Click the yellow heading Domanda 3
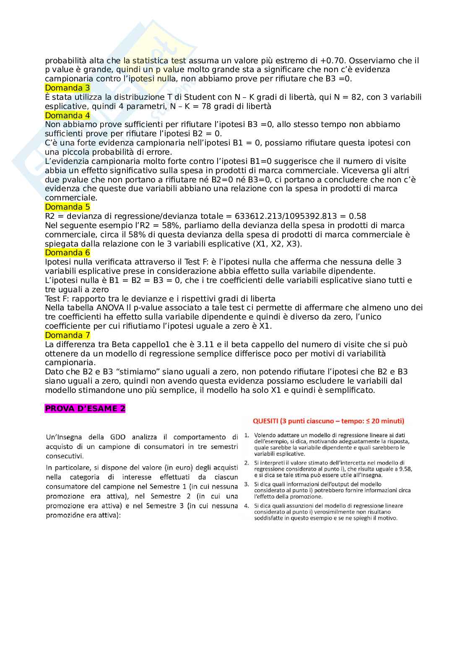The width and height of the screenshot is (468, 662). pos(67,88)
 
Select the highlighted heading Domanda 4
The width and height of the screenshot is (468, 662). pos(67,115)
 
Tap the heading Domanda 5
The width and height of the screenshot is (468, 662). pos(67,207)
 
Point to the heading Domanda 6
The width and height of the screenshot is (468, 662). pos(67,253)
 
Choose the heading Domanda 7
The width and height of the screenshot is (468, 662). pos(67,335)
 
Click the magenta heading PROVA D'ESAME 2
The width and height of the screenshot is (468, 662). pos(85,409)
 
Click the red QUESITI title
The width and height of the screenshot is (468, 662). pos(328,421)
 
